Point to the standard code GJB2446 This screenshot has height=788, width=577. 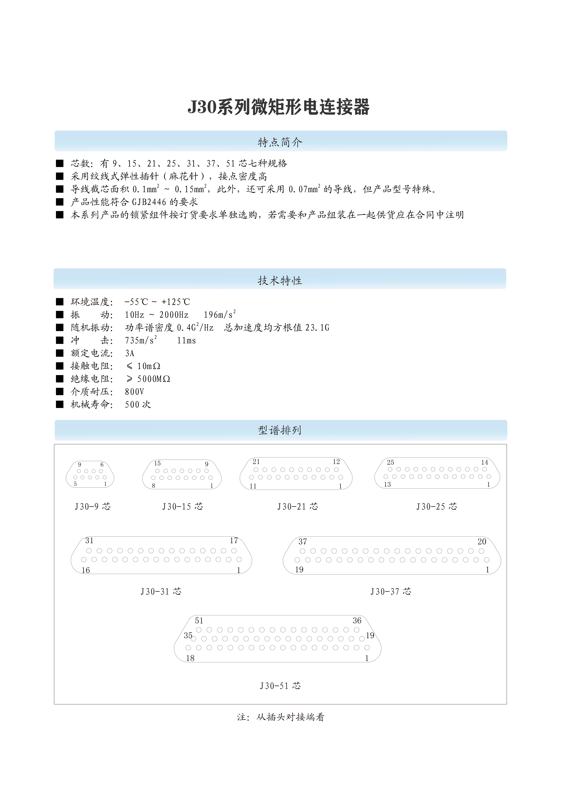pos(149,202)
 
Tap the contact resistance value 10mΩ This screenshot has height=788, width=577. pos(148,366)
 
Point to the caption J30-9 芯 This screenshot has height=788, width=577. pos(93,507)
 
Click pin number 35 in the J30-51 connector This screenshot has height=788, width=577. pos(188,635)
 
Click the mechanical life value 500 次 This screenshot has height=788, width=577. pos(138,405)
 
